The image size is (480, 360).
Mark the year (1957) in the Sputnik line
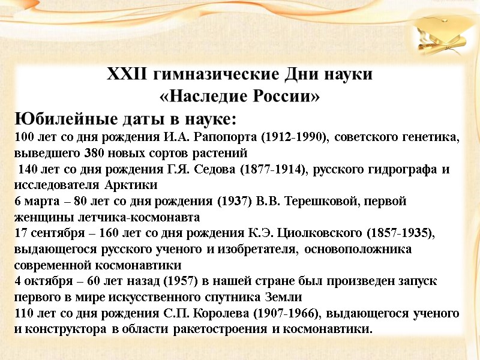tap(175, 281)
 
